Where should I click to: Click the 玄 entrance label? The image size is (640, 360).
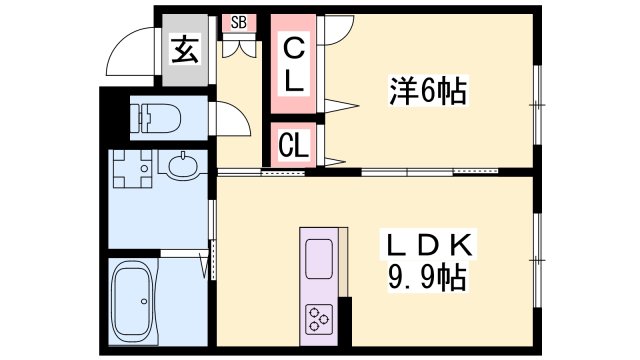point(185,50)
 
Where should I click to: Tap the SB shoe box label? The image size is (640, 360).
point(239,23)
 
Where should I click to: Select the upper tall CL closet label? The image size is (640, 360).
point(293,64)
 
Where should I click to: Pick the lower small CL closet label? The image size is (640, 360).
point(293,144)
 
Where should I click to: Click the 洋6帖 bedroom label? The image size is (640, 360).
point(427,91)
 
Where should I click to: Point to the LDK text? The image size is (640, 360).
point(427,245)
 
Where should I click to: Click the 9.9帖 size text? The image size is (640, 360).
point(427,277)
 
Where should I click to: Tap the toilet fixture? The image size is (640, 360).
point(155,118)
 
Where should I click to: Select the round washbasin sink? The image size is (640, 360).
point(183,166)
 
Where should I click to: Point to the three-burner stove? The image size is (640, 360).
point(319,319)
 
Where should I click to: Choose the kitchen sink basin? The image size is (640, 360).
point(319,259)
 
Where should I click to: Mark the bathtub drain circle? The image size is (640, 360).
point(144,301)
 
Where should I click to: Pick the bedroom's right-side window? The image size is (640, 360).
point(537,105)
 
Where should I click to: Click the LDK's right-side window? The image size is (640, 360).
point(537,260)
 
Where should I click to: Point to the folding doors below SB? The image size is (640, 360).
point(238,47)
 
